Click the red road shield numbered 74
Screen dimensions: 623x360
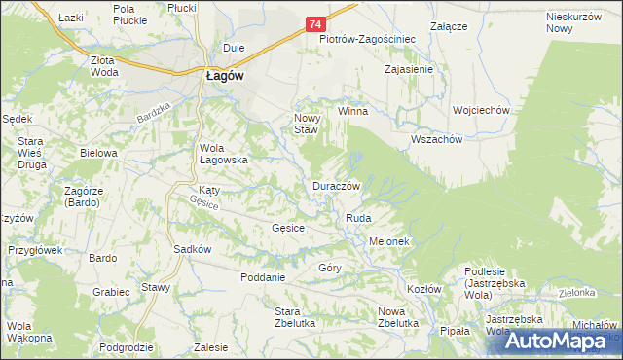click(315, 23)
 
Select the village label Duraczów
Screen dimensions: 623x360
click(337, 186)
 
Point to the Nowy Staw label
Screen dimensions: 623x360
click(307, 124)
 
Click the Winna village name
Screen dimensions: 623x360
click(352, 111)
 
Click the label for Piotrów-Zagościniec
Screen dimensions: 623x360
click(368, 40)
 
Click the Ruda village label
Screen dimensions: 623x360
click(358, 220)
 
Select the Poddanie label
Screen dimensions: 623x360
click(263, 277)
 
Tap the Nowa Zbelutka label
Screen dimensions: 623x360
click(397, 317)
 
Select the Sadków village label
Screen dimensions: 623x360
click(193, 249)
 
